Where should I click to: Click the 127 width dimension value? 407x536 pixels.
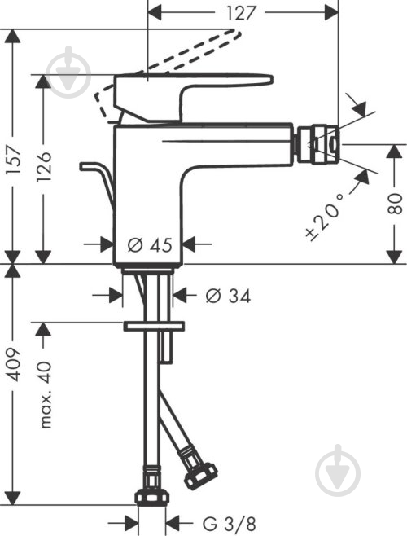tap(241, 13)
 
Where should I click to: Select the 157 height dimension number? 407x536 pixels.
tap(15, 160)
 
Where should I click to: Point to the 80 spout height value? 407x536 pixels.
tap(396, 204)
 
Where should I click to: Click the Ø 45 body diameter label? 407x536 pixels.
tap(150, 244)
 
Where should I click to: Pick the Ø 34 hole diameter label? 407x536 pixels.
tap(228, 296)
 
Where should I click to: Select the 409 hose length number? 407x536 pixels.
tap(15, 365)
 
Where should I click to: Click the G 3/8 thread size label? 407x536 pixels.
tap(230, 524)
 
